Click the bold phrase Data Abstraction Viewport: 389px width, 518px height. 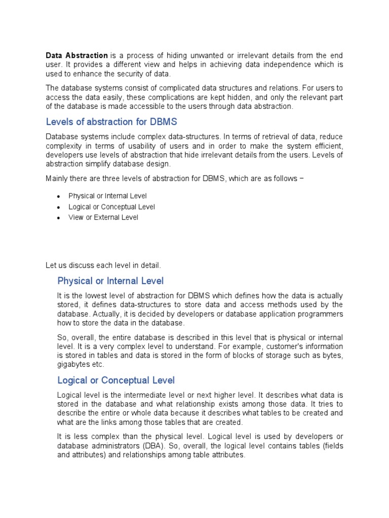point(76,55)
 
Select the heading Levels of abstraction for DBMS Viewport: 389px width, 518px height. point(111,122)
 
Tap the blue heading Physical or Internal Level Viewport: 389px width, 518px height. point(110,281)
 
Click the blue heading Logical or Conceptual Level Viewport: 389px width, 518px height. point(116,380)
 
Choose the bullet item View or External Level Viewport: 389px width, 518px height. point(103,218)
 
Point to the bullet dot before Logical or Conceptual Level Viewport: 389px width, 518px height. point(59,207)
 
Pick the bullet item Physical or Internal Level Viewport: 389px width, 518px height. point(107,196)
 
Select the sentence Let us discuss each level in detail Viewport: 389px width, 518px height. point(103,265)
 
